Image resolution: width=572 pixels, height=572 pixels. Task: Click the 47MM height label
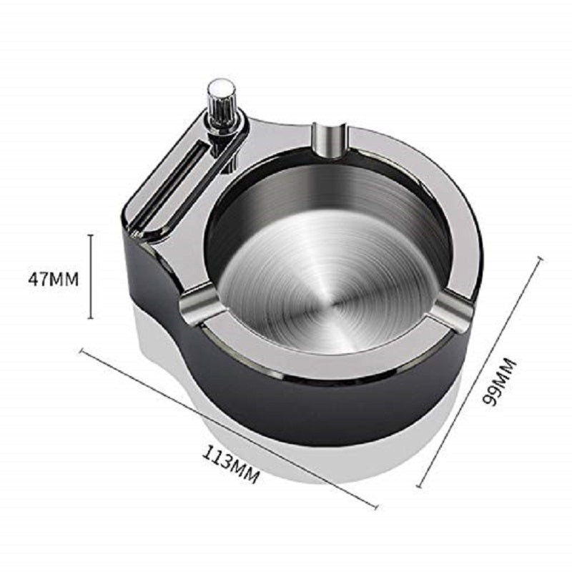pyautogui.click(x=53, y=279)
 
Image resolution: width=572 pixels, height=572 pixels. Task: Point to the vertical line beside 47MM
pyautogui.click(x=92, y=276)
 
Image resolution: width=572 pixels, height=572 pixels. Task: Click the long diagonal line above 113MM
pyautogui.click(x=229, y=428)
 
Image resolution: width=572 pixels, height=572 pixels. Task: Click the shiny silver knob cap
pyautogui.click(x=222, y=94)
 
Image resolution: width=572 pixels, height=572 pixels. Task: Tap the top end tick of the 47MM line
pyautogui.click(x=92, y=235)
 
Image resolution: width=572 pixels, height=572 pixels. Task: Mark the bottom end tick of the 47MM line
pyautogui.click(x=92, y=318)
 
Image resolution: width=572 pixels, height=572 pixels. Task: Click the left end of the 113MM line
pyautogui.click(x=81, y=350)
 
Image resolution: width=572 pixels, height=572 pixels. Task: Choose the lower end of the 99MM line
pyautogui.click(x=419, y=486)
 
